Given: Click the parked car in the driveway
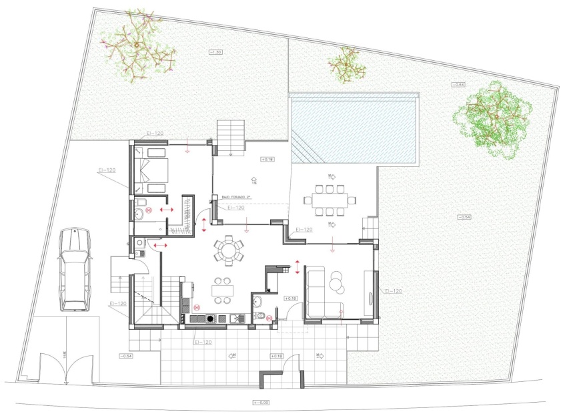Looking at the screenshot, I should coord(73,269).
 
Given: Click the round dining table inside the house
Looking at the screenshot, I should coord(229,251).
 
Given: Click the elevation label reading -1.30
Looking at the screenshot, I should coord(216,51).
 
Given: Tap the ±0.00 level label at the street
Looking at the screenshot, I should coord(263,402).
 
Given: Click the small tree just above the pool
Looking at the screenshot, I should coord(346,65).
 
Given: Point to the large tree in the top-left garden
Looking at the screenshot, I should coord(139,45).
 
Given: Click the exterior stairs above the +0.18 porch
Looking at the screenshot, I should coord(231,137).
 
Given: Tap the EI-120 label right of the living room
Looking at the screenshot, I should coord(393,291).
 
